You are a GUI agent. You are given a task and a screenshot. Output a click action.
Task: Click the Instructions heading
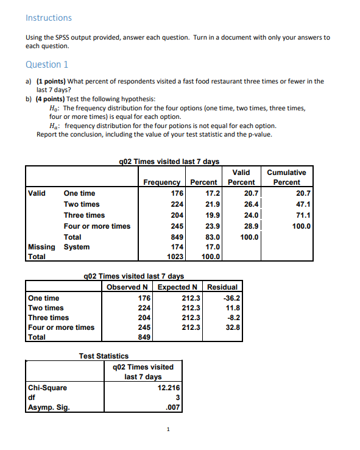(x=48, y=18)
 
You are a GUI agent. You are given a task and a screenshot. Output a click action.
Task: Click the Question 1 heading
(x=47, y=65)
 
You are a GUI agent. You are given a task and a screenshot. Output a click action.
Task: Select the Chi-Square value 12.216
(x=168, y=387)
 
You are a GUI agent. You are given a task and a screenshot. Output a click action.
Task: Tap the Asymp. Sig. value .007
(x=174, y=407)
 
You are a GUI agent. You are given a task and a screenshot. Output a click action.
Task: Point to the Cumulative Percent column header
(x=286, y=177)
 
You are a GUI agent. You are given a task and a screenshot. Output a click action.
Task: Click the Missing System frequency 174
(x=176, y=247)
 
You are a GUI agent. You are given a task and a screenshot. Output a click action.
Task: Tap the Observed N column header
(x=129, y=287)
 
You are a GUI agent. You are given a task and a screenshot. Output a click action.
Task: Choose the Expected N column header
(x=178, y=287)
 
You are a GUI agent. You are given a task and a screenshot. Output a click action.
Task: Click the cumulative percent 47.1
(x=302, y=204)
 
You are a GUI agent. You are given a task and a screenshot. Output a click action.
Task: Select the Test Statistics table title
(x=104, y=355)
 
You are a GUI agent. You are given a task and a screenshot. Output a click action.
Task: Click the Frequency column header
(x=161, y=182)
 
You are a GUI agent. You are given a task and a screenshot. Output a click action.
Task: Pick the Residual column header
(x=222, y=287)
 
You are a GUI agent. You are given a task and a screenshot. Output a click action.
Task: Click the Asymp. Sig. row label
(x=48, y=407)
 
